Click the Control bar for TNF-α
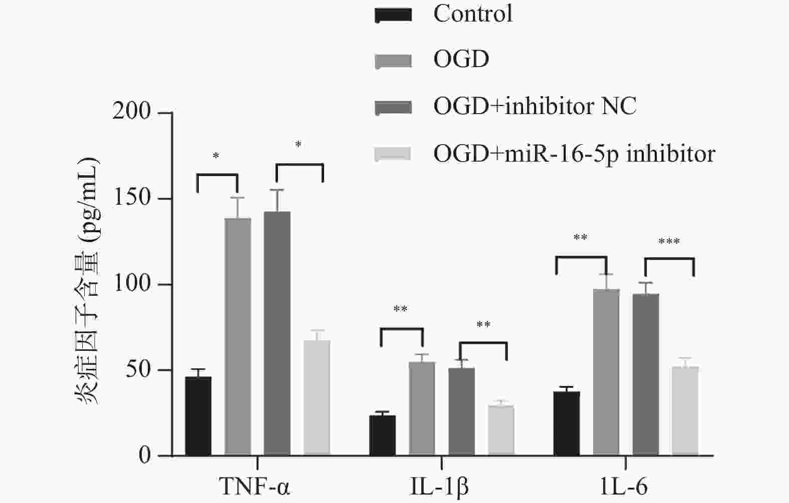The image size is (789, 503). coord(198,416)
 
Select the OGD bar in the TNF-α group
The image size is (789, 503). coord(237,337)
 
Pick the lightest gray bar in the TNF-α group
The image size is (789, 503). coord(317,398)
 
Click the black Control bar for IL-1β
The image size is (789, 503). coord(382,435)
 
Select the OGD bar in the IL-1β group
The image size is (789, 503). coord(422,408)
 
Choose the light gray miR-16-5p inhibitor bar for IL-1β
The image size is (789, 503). coord(501,430)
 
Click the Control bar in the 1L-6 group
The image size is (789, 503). coord(567,423)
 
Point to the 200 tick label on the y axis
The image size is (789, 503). coord(132,112)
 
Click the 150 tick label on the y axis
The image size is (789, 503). coord(132,198)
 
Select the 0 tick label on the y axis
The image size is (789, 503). coord(145,455)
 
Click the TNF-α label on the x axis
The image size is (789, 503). coord(254,486)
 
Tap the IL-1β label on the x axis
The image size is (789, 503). coord(439,486)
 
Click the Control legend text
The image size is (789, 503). coord(473,14)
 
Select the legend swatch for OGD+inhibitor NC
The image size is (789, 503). coord(393,107)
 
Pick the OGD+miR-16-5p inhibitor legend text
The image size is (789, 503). coord(574,154)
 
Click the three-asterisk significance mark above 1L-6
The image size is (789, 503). coord(669,242)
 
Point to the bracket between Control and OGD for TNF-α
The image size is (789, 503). coord(217,175)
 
